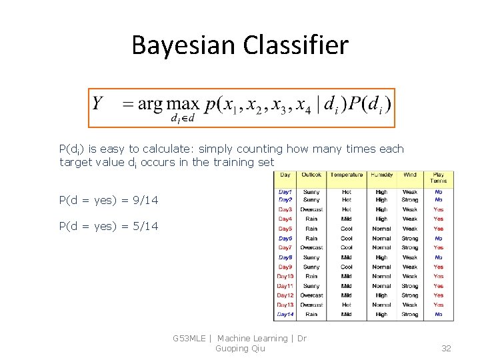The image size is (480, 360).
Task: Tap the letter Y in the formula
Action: pos(98,104)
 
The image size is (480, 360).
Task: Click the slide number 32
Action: pos(446,348)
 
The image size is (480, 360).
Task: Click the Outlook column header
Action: pos(311,175)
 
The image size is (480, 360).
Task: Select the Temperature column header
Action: pos(347,175)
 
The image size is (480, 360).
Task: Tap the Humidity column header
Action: pos(381,175)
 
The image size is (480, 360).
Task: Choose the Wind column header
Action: pos(410,175)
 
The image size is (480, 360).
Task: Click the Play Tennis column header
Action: pos(439,178)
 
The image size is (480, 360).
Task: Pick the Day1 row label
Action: pos(285,191)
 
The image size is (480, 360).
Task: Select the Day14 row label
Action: pos(285,315)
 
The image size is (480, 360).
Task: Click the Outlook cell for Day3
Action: pos(311,209)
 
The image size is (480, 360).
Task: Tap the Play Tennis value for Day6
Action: pos(439,238)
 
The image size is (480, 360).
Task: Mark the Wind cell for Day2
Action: pos(410,200)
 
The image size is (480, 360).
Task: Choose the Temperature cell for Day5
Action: pos(347,229)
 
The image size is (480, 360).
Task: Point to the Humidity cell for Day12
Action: pos(381,295)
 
